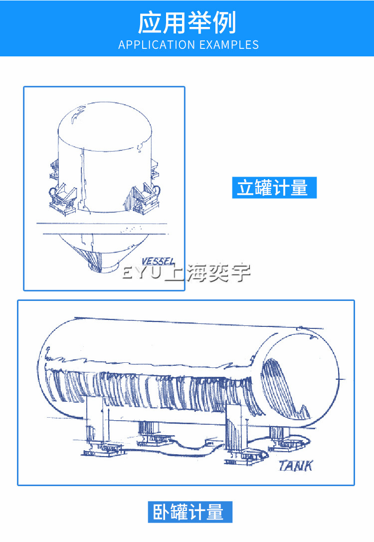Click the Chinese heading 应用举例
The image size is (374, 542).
187,23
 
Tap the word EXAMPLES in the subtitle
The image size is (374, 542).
229,45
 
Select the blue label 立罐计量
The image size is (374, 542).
274,188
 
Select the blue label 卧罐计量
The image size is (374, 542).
190,512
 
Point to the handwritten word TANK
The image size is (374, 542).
296,466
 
